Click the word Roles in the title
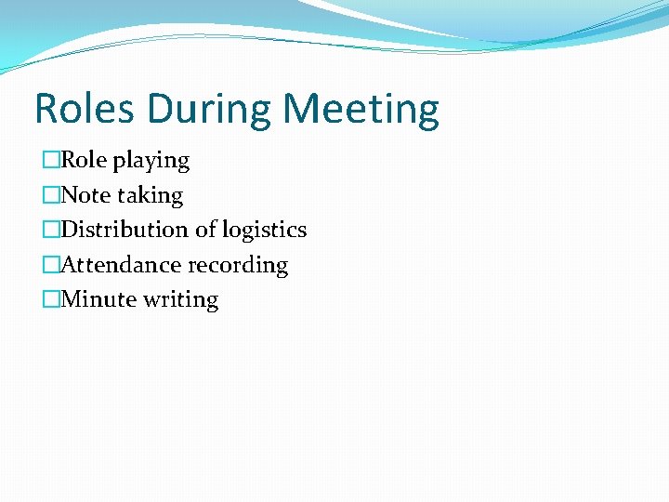click(x=85, y=109)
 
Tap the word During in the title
click(x=213, y=109)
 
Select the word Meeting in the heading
click(x=361, y=111)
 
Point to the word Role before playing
click(x=85, y=160)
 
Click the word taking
click(x=150, y=196)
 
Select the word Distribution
click(x=124, y=230)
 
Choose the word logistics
click(x=264, y=231)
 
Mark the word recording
click(x=239, y=266)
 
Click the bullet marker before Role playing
click(x=50, y=161)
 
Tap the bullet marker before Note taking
click(x=50, y=195)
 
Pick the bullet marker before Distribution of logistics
click(x=50, y=230)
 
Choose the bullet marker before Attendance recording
click(x=50, y=265)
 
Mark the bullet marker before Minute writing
click(x=50, y=299)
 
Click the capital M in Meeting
click(x=303, y=109)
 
